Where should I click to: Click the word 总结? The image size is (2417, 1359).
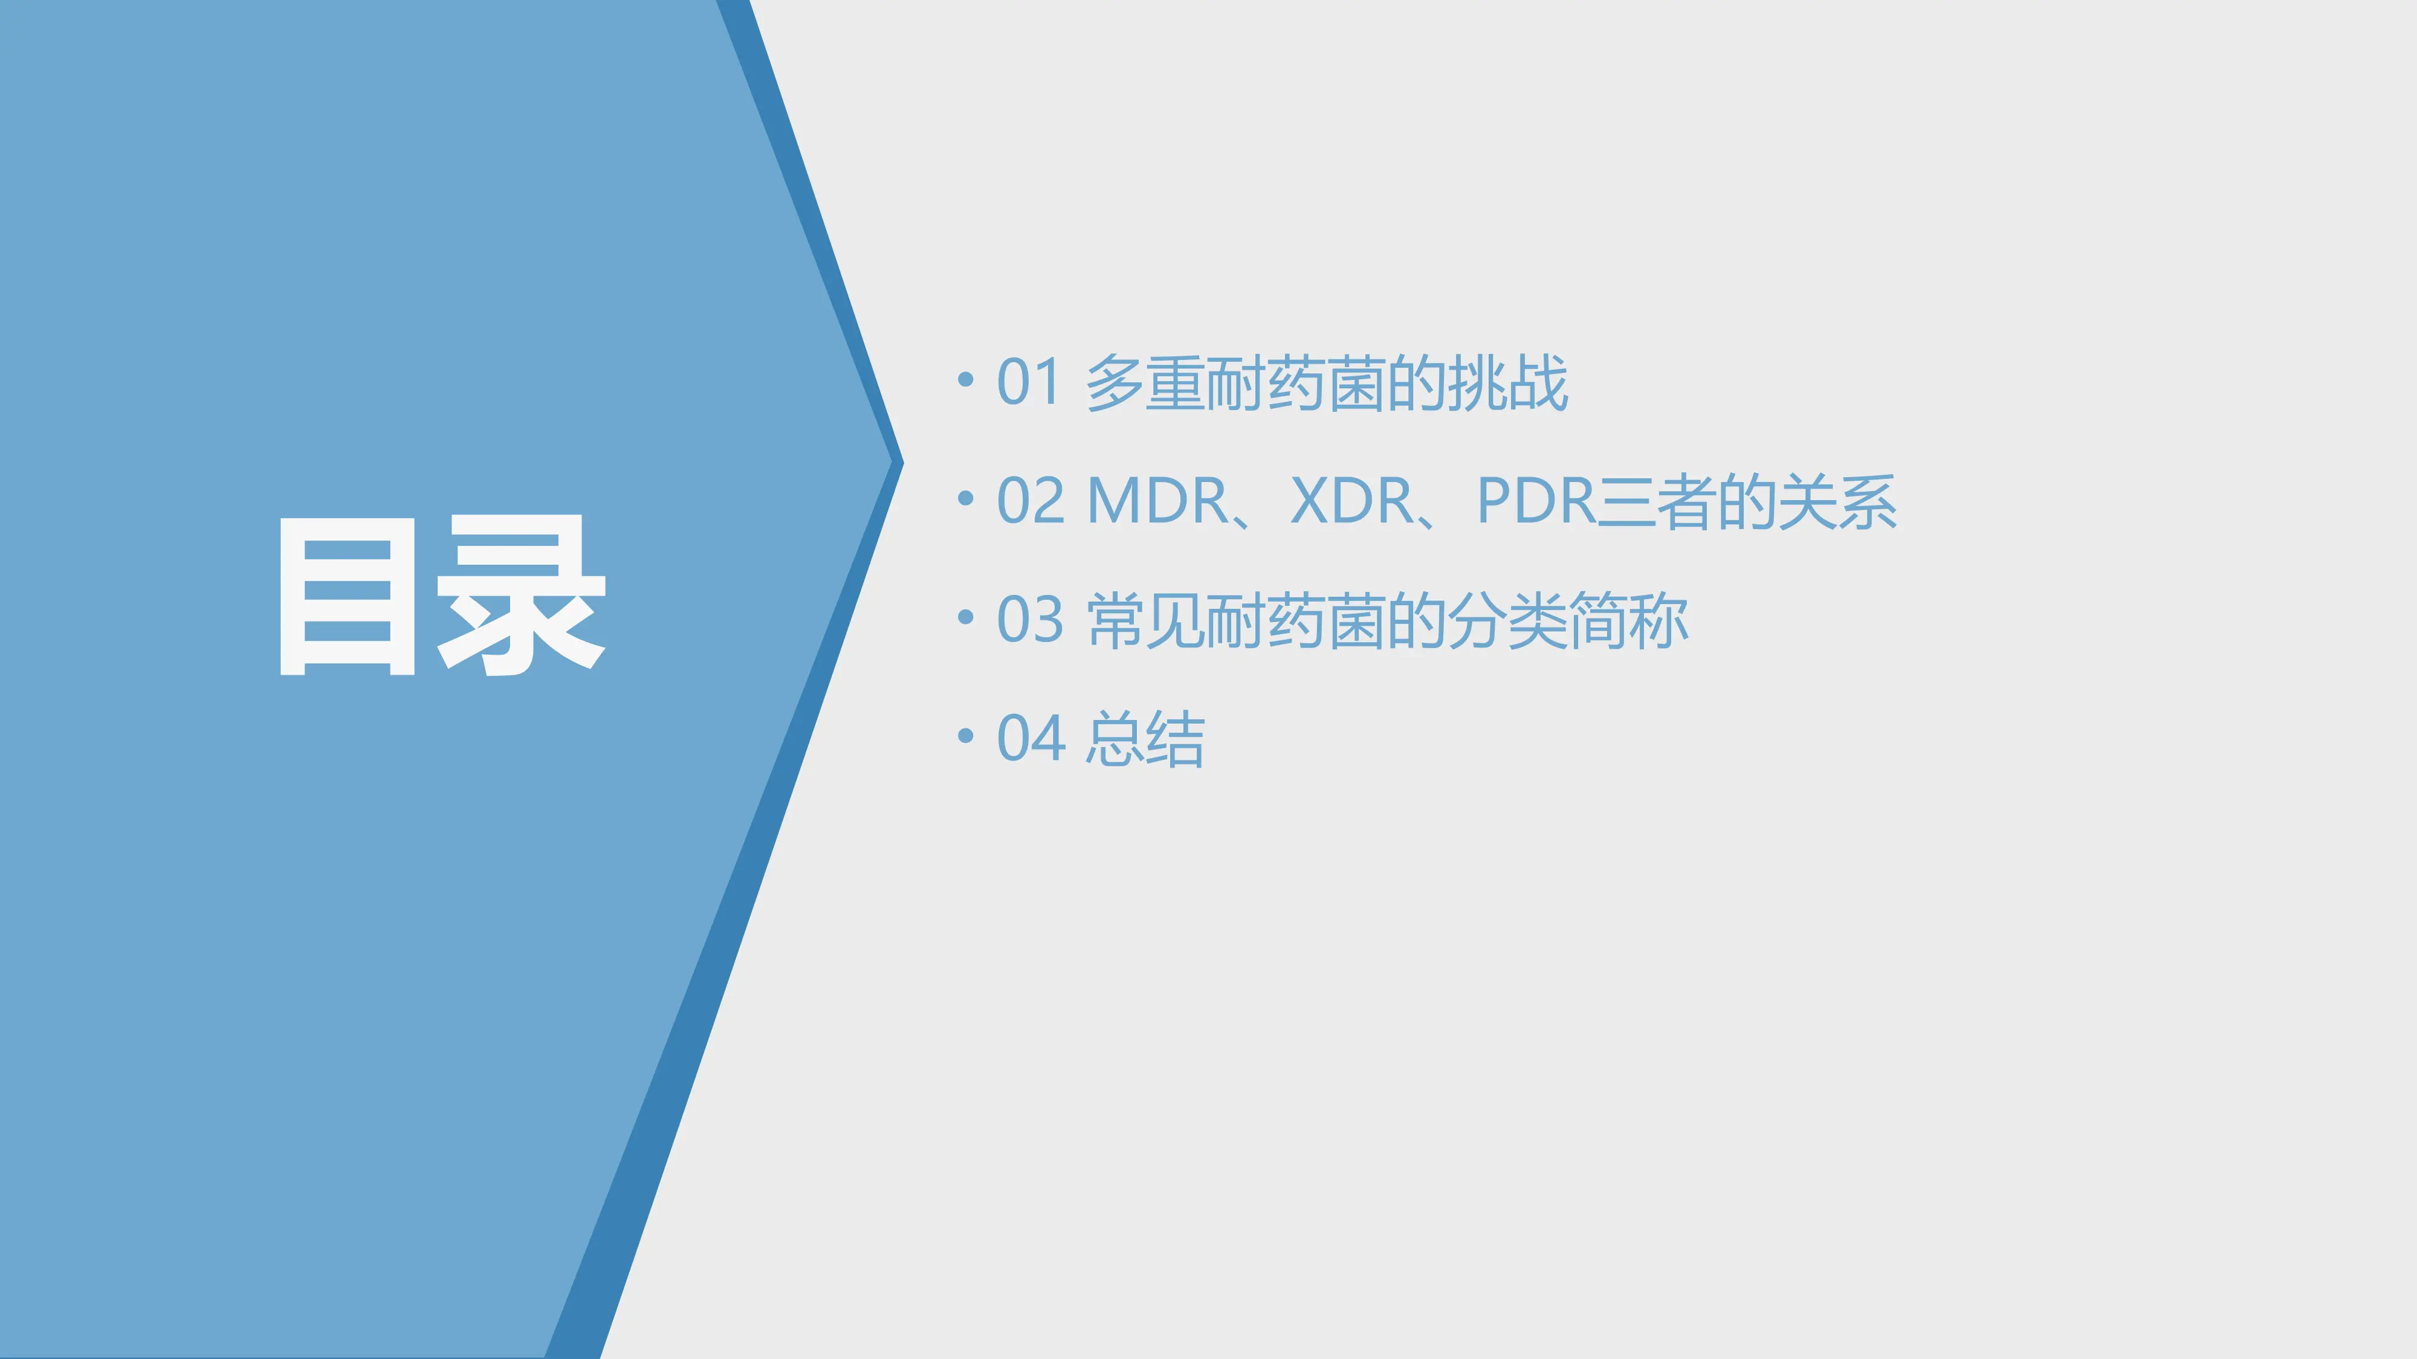tap(1145, 739)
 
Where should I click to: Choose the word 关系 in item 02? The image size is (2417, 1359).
tap(1838, 502)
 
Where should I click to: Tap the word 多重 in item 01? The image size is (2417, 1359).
tap(1145, 383)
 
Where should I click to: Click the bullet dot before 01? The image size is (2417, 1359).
tap(965, 380)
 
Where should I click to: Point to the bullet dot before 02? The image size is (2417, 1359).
tap(965, 498)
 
